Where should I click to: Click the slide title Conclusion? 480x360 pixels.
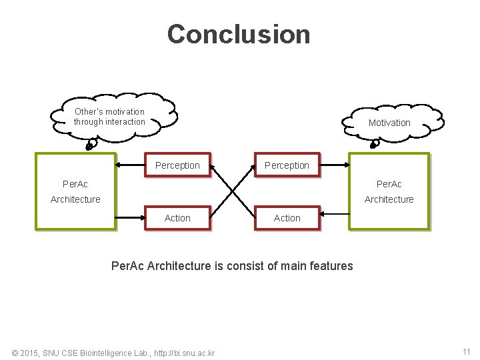[x=239, y=34]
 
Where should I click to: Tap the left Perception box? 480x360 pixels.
[x=177, y=165]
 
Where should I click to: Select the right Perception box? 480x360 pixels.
[x=287, y=165]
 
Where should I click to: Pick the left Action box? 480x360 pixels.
[x=177, y=218]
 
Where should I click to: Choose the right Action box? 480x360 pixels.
[x=287, y=218]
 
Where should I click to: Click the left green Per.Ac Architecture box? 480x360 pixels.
[x=75, y=191]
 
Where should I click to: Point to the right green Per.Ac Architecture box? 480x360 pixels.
[x=389, y=191]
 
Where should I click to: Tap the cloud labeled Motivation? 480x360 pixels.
[x=390, y=122]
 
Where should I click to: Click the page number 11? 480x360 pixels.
[x=466, y=351]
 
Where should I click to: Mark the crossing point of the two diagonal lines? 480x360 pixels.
[x=233, y=191]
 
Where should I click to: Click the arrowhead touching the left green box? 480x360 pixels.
[x=118, y=165]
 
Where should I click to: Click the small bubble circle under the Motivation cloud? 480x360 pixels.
[x=376, y=143]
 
